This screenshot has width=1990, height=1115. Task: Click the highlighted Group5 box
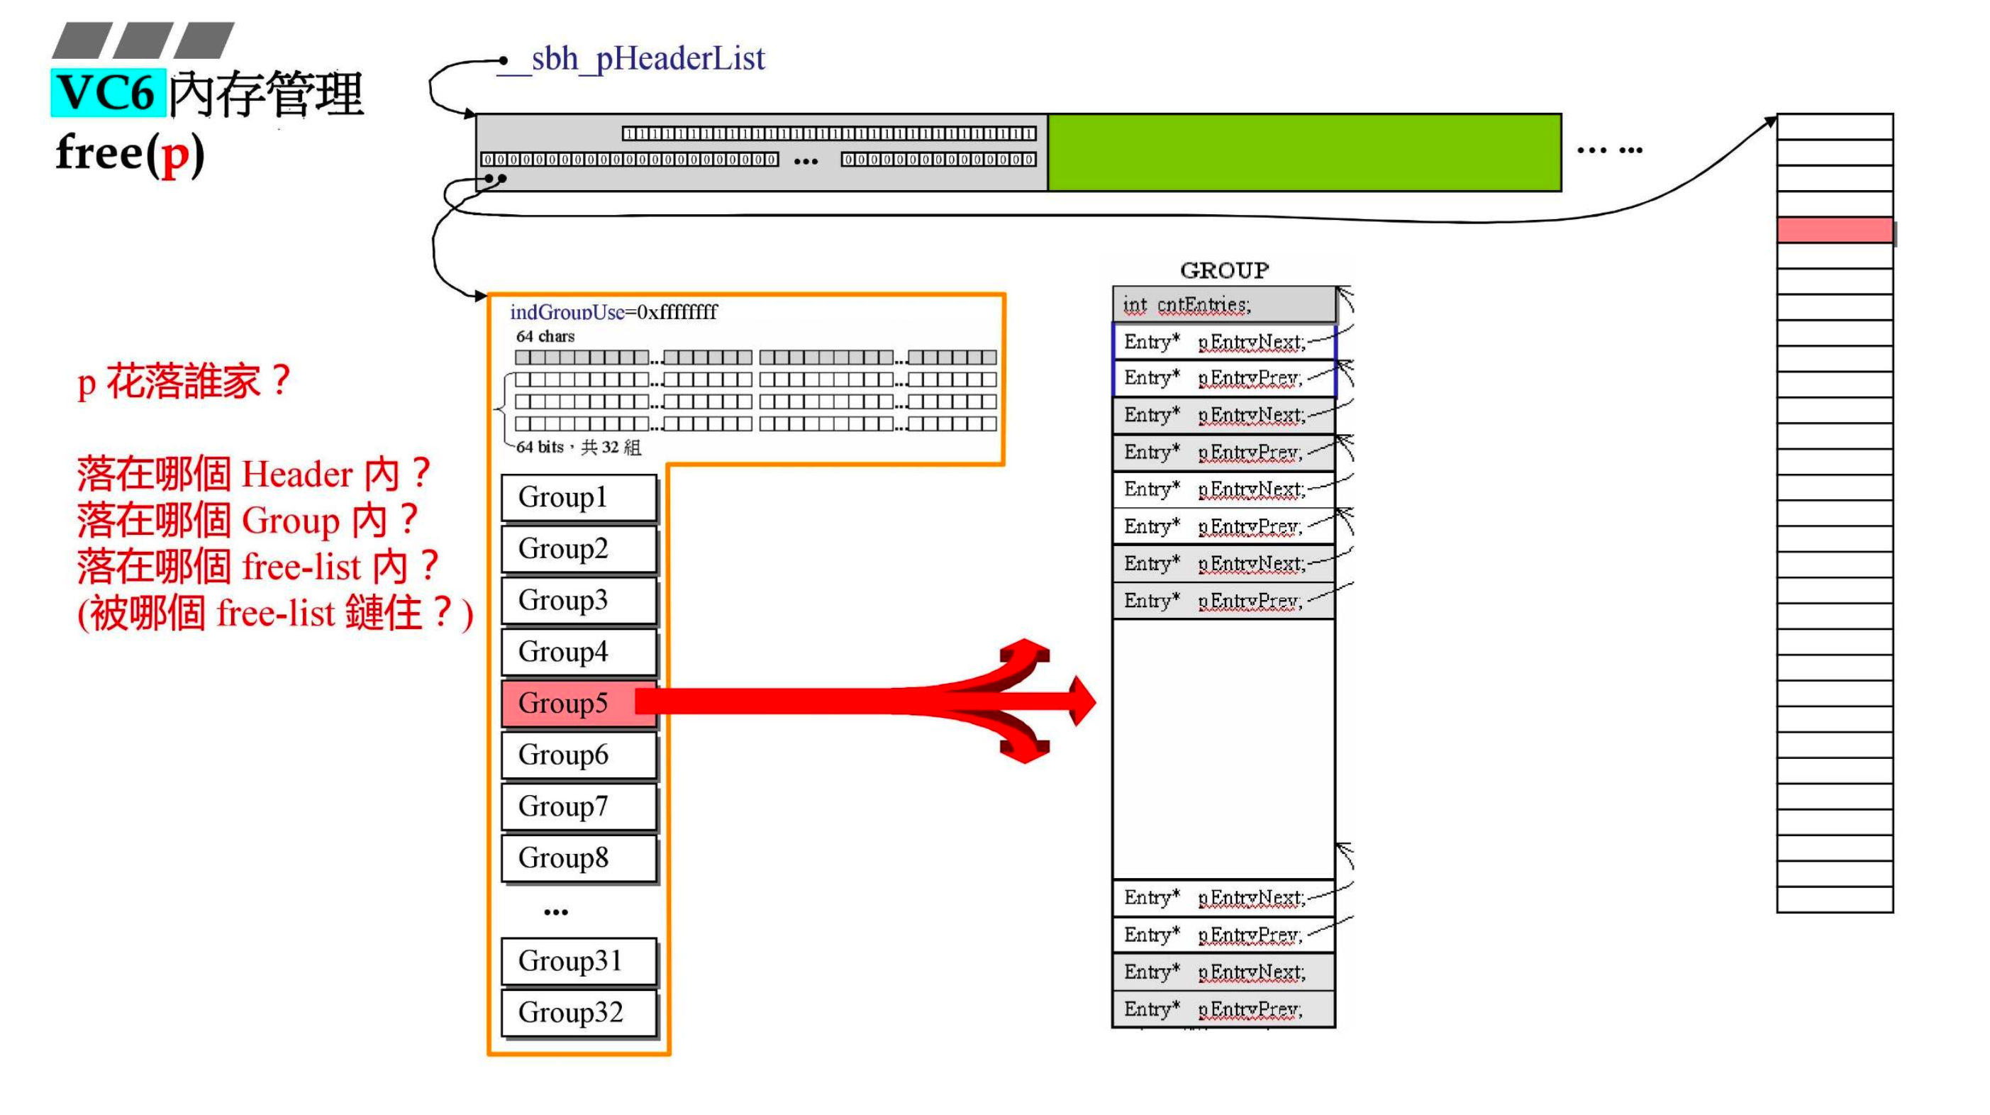click(578, 702)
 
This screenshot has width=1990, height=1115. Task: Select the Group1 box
click(578, 497)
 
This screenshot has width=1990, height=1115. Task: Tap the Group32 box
click(578, 1012)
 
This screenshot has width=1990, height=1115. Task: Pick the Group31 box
click(578, 960)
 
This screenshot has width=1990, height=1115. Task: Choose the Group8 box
click(578, 858)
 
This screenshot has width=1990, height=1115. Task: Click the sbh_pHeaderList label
click(647, 59)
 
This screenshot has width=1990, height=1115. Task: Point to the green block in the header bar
click(1303, 152)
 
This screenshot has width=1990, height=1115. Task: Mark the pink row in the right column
click(1834, 231)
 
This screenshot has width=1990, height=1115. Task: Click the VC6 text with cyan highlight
click(107, 93)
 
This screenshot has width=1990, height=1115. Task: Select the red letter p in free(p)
click(175, 154)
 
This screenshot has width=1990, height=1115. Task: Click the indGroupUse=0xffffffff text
click(613, 312)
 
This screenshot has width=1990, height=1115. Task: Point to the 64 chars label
click(545, 336)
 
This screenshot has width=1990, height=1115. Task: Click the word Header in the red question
click(296, 475)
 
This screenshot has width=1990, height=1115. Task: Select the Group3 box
click(578, 600)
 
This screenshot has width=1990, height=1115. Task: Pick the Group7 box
click(578, 806)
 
